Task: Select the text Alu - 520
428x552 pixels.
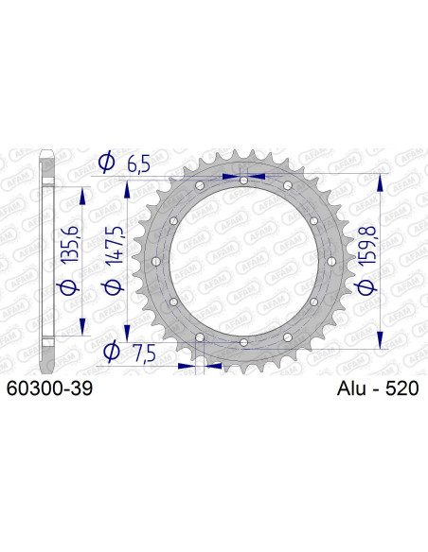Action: (377, 388)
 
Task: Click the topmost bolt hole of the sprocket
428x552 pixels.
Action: (243, 180)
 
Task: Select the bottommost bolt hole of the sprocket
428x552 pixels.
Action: (243, 342)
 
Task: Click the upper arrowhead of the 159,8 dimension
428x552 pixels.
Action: (380, 181)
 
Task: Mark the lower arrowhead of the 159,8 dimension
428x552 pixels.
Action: (380, 341)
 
